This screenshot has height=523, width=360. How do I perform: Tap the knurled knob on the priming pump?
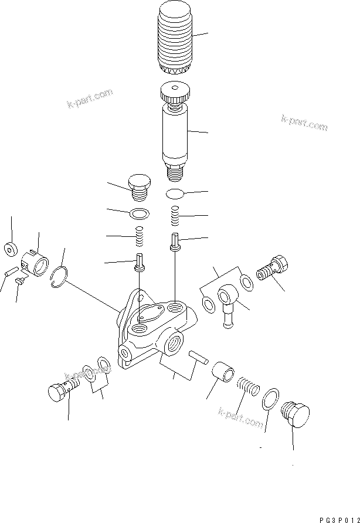click(174, 93)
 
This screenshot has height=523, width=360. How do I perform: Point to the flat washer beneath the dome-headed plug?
click(138, 212)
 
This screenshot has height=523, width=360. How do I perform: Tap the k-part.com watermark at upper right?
click(304, 123)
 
